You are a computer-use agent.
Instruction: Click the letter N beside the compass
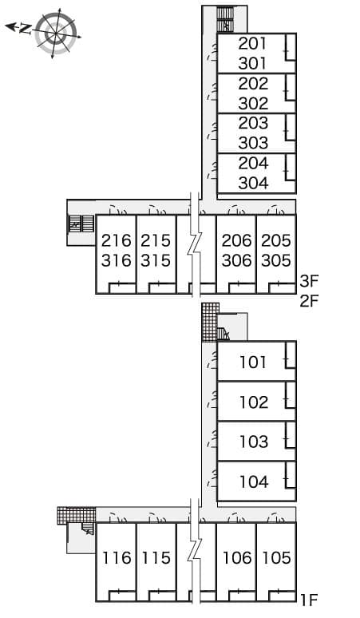pos(26,29)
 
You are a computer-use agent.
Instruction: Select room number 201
pos(252,43)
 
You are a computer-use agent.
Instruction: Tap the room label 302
pos(252,103)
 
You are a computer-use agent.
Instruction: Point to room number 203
pos(252,123)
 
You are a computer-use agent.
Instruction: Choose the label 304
pos(252,183)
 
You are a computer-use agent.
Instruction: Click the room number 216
pos(116,240)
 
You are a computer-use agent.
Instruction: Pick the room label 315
pos(156,260)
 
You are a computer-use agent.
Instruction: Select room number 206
pos(236,240)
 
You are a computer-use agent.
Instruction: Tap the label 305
pos(276,260)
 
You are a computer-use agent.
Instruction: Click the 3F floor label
pos(310,281)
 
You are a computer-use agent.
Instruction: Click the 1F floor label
pos(310,599)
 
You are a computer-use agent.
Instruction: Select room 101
pos(253,362)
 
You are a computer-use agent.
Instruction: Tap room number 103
pos(253,442)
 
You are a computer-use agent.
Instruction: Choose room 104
pos(253,481)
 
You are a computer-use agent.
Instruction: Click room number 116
pos(116,558)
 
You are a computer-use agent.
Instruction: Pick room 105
pos(276,558)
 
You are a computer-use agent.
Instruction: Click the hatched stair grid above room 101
pos(210,322)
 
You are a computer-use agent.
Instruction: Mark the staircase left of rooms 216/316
pos(81,224)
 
